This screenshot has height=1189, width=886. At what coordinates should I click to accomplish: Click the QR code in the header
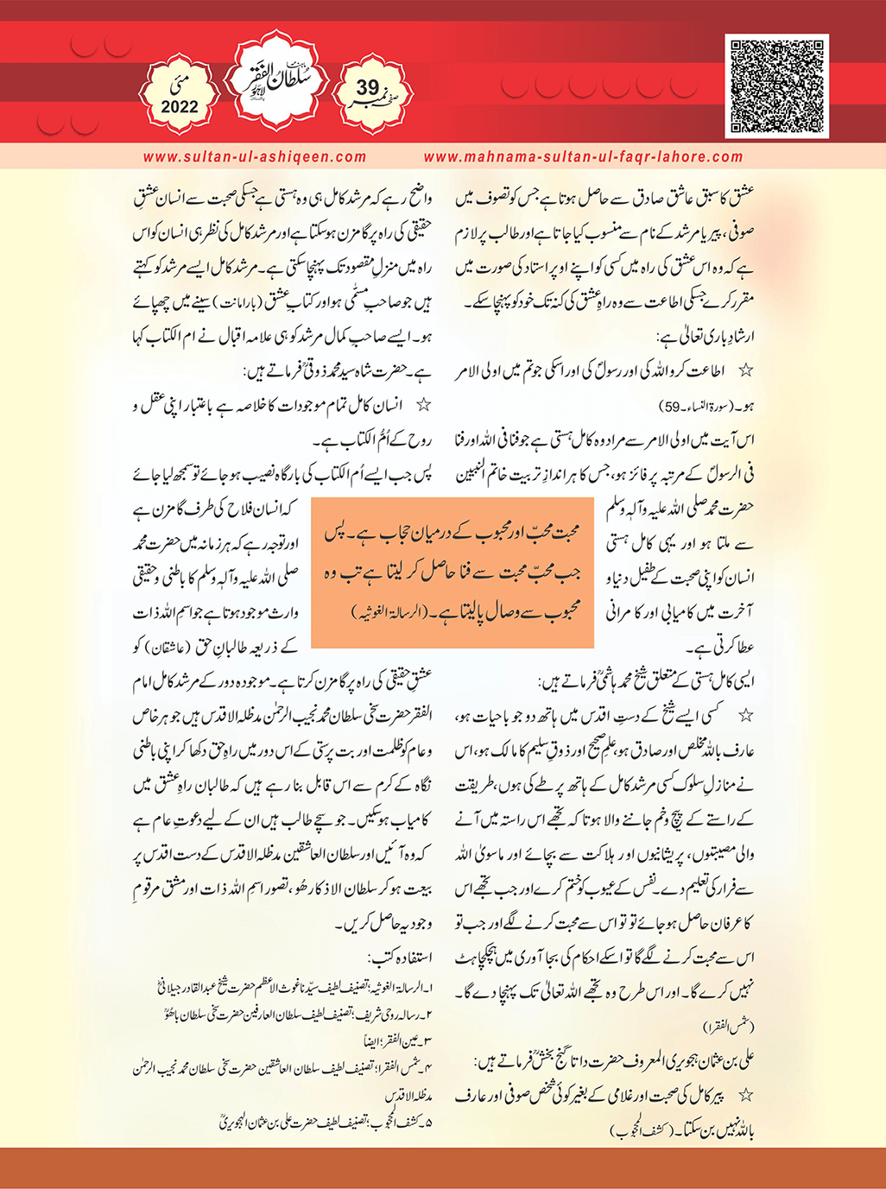[777, 85]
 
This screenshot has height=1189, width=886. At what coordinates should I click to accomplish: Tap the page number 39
[367, 87]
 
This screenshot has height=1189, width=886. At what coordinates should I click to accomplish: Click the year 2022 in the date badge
[179, 107]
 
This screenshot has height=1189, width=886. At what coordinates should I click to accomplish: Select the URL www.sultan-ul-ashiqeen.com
[255, 157]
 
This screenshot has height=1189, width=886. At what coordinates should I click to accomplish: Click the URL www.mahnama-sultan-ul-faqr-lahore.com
[584, 157]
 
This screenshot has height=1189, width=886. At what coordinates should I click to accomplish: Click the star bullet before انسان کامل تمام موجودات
[424, 404]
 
